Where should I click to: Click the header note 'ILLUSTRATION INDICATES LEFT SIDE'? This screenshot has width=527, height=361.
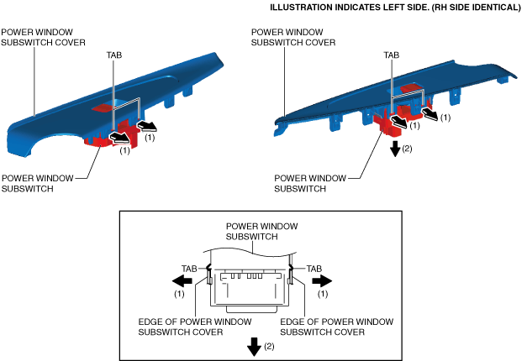click(x=349, y=8)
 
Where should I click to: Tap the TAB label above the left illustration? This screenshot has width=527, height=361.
click(x=114, y=55)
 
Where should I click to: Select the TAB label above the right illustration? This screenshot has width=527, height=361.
click(x=392, y=55)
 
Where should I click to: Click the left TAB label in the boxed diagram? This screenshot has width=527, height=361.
click(x=189, y=269)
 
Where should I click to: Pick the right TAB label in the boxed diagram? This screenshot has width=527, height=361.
click(x=314, y=269)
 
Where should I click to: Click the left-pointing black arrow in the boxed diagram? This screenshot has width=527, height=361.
click(x=182, y=280)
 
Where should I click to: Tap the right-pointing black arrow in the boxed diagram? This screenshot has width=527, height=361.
click(x=322, y=280)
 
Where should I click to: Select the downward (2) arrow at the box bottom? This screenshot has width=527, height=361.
click(x=254, y=347)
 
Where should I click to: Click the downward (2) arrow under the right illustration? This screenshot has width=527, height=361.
click(x=396, y=149)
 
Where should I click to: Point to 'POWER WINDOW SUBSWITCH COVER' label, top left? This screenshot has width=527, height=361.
click(x=43, y=37)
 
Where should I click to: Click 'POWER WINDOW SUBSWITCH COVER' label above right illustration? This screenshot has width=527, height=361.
click(x=293, y=37)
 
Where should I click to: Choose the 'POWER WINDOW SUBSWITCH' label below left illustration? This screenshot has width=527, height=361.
click(x=37, y=183)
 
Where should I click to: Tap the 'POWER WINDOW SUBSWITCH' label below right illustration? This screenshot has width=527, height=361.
click(x=310, y=183)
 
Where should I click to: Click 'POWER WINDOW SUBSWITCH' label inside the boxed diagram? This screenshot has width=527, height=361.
click(x=261, y=232)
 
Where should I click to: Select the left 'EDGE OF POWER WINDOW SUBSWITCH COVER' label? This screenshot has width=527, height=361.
click(x=195, y=327)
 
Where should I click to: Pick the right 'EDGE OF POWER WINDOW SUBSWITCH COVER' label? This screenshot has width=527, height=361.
click(x=336, y=327)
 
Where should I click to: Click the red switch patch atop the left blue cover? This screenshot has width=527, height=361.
click(x=103, y=107)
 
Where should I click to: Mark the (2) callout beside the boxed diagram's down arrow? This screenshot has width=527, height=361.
click(x=269, y=346)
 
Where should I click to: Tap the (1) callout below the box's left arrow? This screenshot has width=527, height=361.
click(x=179, y=294)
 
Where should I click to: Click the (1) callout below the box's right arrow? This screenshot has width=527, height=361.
click(x=323, y=294)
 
